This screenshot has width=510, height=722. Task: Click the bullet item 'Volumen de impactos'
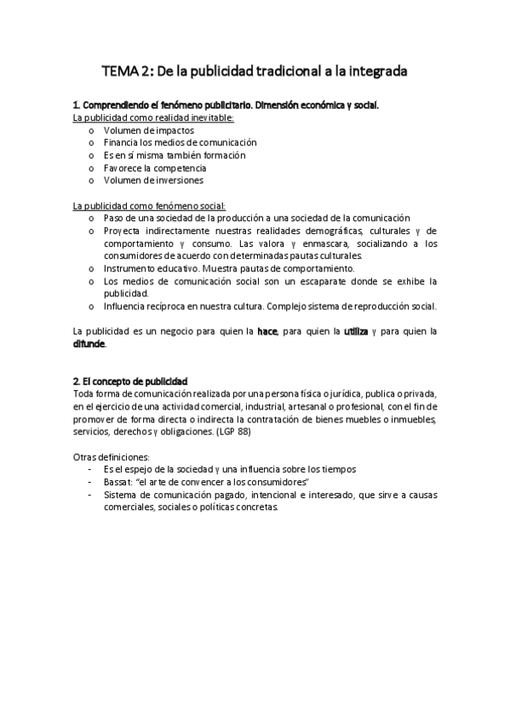click(149, 130)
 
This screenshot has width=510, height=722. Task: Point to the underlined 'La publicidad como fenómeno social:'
click(149, 205)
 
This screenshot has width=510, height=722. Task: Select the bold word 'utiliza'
click(355, 331)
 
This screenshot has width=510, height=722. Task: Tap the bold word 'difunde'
click(89, 344)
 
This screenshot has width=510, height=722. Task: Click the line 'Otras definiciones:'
click(112, 457)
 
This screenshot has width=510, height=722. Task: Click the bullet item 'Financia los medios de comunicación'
click(180, 143)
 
